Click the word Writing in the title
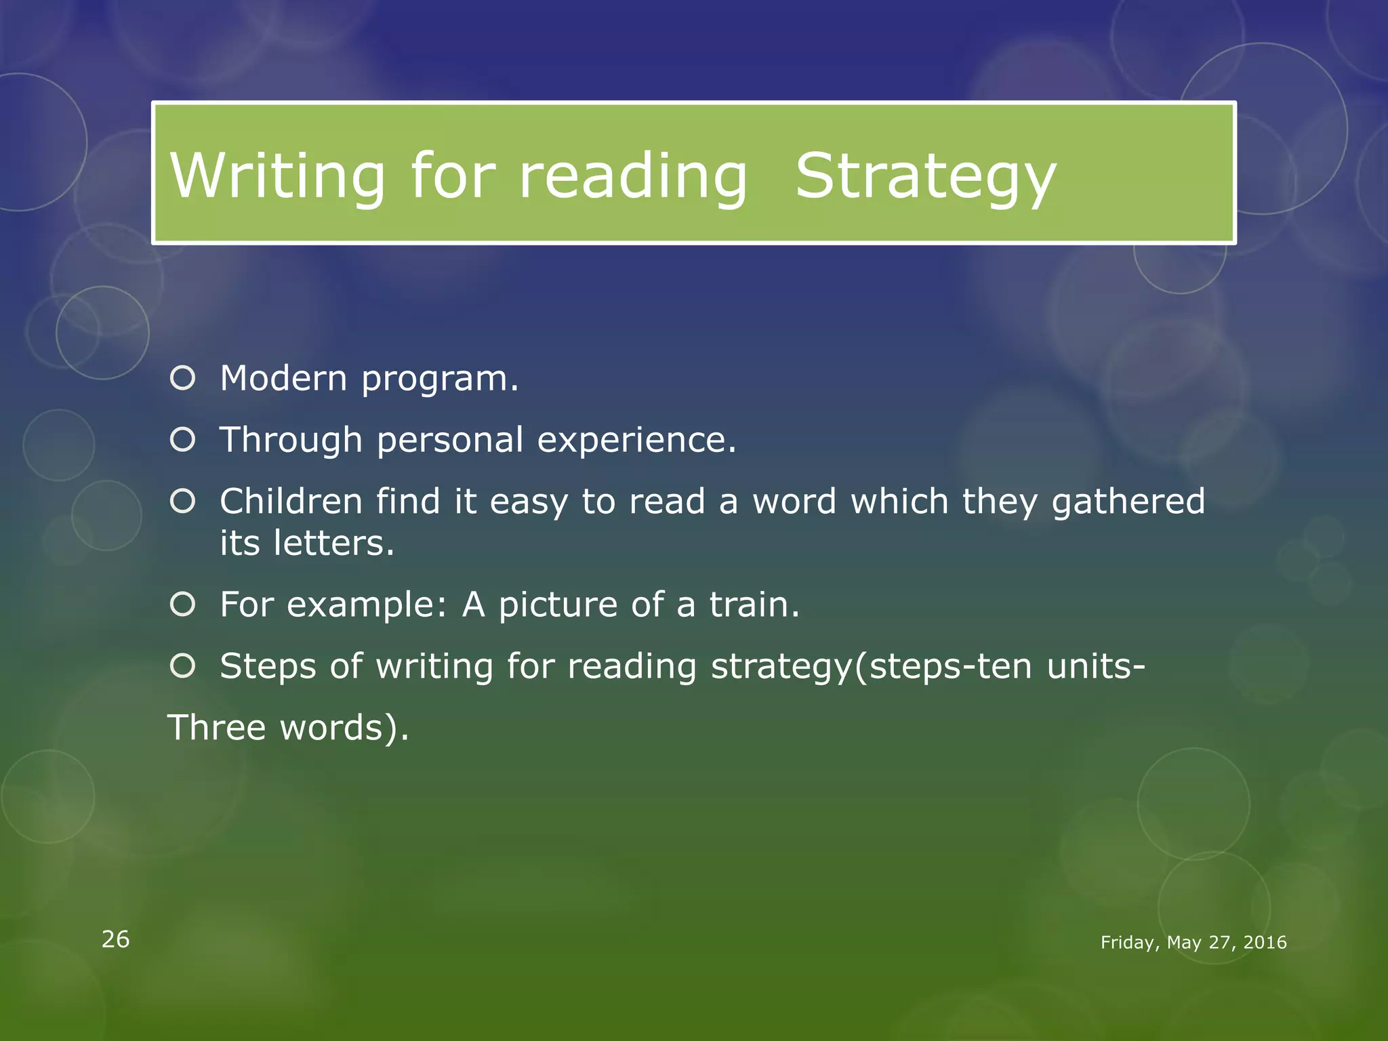[277, 176]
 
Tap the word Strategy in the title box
[925, 176]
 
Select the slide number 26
[115, 939]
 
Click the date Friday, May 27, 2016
[1193, 943]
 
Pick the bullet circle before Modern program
[183, 378]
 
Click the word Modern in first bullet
[283, 378]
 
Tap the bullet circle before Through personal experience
[183, 440]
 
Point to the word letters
[333, 543]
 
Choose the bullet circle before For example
[183, 604]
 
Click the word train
[754, 605]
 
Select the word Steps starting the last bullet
[268, 667]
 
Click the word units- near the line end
[1096, 666]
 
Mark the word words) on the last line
[344, 728]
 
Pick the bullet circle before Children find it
[183, 502]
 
